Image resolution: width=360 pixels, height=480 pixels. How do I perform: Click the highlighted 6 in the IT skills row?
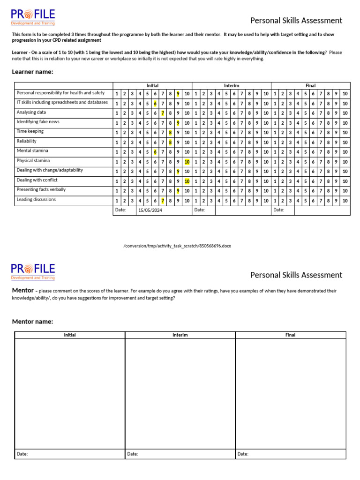click(155, 104)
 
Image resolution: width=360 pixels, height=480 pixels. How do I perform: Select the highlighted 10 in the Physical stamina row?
click(187, 162)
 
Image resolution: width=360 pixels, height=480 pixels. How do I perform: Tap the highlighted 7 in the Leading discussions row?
click(163, 201)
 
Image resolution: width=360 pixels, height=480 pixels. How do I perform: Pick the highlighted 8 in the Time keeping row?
click(171, 133)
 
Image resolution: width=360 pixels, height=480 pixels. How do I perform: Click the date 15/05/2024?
click(150, 210)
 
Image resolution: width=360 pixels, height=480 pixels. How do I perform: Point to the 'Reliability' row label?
click(27, 141)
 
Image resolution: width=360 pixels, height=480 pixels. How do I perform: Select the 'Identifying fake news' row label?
click(38, 122)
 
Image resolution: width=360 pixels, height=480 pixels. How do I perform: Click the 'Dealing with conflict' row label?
click(37, 180)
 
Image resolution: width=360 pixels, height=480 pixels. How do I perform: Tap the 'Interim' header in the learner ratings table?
click(232, 86)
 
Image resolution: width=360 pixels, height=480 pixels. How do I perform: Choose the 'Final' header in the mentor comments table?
click(290, 335)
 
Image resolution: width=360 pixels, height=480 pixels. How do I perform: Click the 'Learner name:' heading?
click(32, 72)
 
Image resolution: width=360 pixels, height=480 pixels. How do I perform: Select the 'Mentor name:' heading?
click(32, 322)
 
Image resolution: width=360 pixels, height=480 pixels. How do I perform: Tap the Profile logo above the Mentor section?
click(33, 271)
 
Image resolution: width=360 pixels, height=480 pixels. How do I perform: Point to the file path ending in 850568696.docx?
click(177, 246)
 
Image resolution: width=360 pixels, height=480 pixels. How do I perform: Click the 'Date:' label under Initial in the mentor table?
click(22, 454)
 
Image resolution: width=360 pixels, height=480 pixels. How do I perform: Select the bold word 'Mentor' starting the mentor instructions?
click(22, 291)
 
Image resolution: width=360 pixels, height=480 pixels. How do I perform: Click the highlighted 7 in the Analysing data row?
click(163, 113)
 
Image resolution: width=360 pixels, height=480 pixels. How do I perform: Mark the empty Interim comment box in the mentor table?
click(180, 393)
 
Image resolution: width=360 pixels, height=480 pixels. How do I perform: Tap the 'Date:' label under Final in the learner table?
click(279, 210)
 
